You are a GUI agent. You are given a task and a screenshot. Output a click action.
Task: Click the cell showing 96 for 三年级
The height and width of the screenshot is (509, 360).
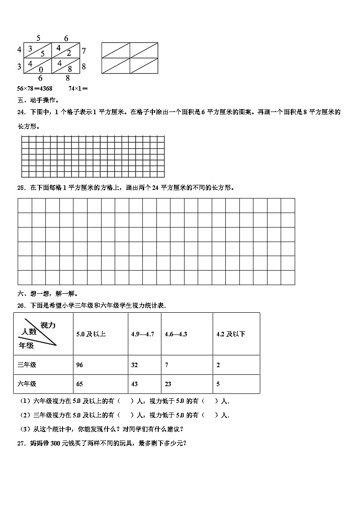pos(80,365)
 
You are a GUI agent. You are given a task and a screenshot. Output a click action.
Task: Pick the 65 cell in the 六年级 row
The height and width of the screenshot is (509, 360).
pos(80,384)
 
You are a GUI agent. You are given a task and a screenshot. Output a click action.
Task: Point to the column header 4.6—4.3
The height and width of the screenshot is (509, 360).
pos(176,334)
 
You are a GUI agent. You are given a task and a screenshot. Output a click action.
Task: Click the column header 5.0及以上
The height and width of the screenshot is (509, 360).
pos(91,334)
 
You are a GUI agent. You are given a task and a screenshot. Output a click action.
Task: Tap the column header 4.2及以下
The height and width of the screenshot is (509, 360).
pos(231,334)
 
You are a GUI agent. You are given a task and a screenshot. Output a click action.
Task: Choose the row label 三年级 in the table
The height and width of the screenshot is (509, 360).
pos(27,365)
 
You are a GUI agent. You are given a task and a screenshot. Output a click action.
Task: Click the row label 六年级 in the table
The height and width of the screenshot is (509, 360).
pos(27,384)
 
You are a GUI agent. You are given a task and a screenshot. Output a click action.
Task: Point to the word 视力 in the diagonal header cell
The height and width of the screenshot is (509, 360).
pos(48,325)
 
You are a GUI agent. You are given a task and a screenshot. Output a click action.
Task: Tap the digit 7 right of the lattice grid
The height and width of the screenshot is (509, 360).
pos(84,50)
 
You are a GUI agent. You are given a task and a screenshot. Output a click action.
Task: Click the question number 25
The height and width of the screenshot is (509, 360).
pos(21,187)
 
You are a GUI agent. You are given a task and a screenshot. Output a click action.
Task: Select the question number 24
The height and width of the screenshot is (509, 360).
pos(21,111)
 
